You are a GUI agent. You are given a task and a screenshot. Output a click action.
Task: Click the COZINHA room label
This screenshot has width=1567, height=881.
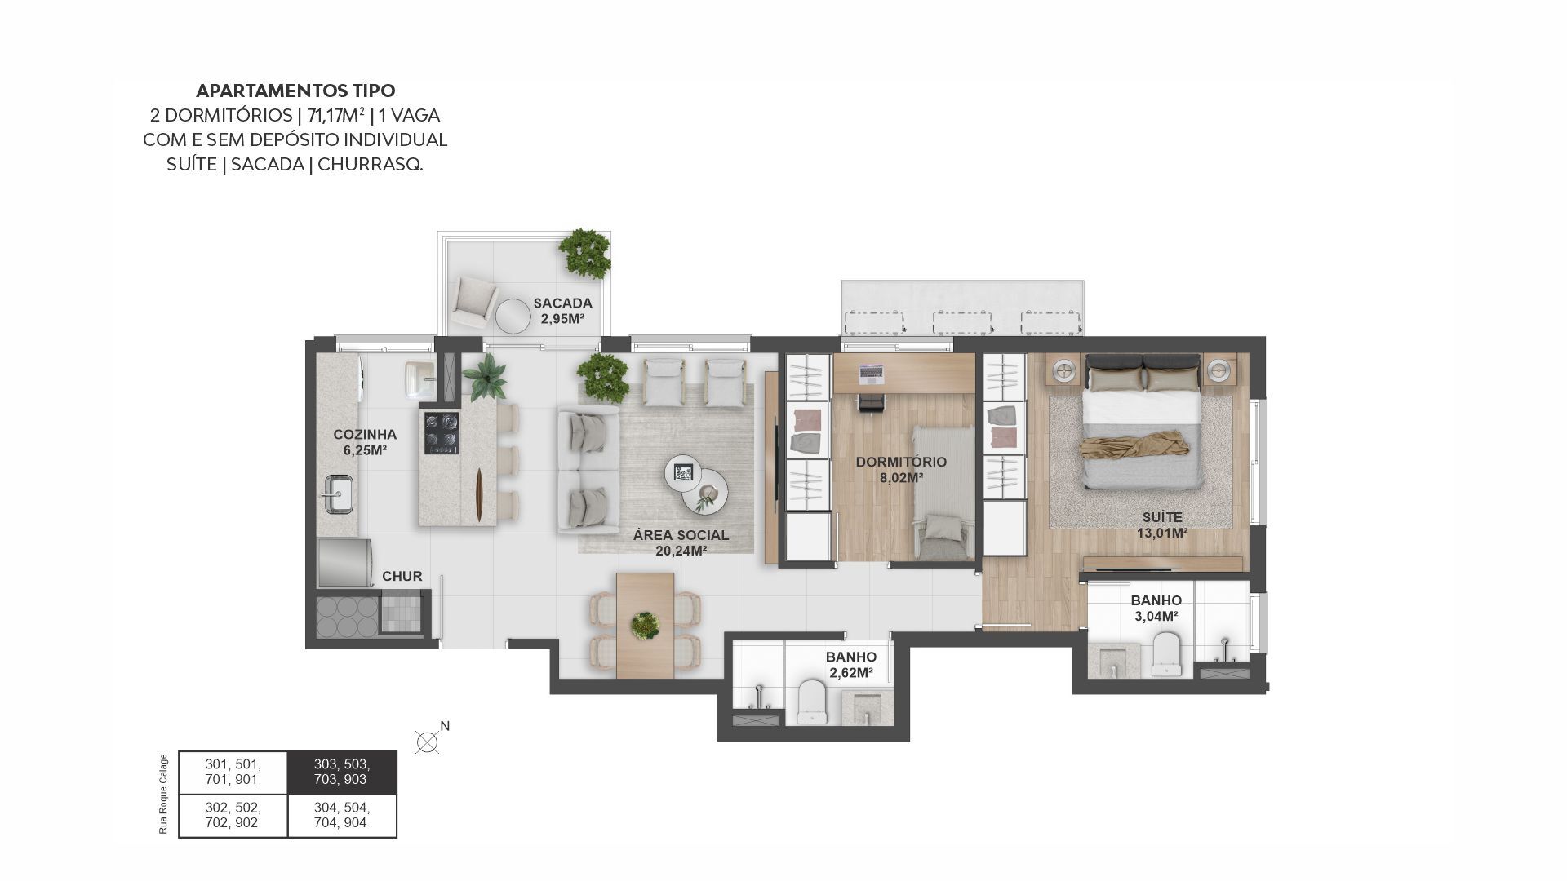[x=365, y=435]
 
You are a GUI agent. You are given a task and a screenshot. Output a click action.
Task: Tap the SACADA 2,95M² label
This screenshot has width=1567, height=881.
[x=562, y=311]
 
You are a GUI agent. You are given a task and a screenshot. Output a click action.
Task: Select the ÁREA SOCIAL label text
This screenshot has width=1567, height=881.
[x=681, y=535]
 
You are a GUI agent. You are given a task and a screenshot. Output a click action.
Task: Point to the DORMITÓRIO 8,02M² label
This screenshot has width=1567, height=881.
[x=901, y=469]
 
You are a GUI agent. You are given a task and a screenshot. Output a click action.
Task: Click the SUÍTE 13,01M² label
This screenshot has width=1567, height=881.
[x=1162, y=525]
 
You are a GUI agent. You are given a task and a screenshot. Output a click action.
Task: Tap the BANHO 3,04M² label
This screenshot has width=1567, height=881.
[x=1156, y=609]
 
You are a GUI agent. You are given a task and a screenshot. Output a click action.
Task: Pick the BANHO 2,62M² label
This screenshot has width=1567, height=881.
[x=851, y=665]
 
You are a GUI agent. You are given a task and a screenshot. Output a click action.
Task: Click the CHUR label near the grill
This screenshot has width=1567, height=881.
[x=402, y=577]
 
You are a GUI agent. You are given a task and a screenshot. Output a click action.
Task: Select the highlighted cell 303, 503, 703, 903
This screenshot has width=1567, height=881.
[x=342, y=773]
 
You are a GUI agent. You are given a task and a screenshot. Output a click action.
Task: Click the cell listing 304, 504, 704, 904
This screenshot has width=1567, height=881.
[x=342, y=816]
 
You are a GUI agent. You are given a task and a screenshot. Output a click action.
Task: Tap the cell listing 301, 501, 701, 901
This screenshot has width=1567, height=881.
[x=233, y=773]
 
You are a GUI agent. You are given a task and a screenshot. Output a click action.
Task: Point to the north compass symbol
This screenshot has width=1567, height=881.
[x=427, y=742]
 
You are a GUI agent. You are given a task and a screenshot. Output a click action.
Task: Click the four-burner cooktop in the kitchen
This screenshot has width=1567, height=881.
[x=441, y=432]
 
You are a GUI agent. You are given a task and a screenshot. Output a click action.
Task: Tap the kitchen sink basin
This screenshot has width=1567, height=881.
[x=339, y=494]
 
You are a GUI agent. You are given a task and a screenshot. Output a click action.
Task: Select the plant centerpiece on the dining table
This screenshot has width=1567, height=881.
[x=646, y=626]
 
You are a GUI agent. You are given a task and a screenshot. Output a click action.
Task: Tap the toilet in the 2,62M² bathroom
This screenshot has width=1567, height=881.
[x=813, y=702]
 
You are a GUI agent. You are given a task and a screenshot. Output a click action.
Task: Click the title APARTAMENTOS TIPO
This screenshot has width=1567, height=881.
[x=295, y=91]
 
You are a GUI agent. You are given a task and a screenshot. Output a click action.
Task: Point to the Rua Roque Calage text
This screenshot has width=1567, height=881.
[x=163, y=794]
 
